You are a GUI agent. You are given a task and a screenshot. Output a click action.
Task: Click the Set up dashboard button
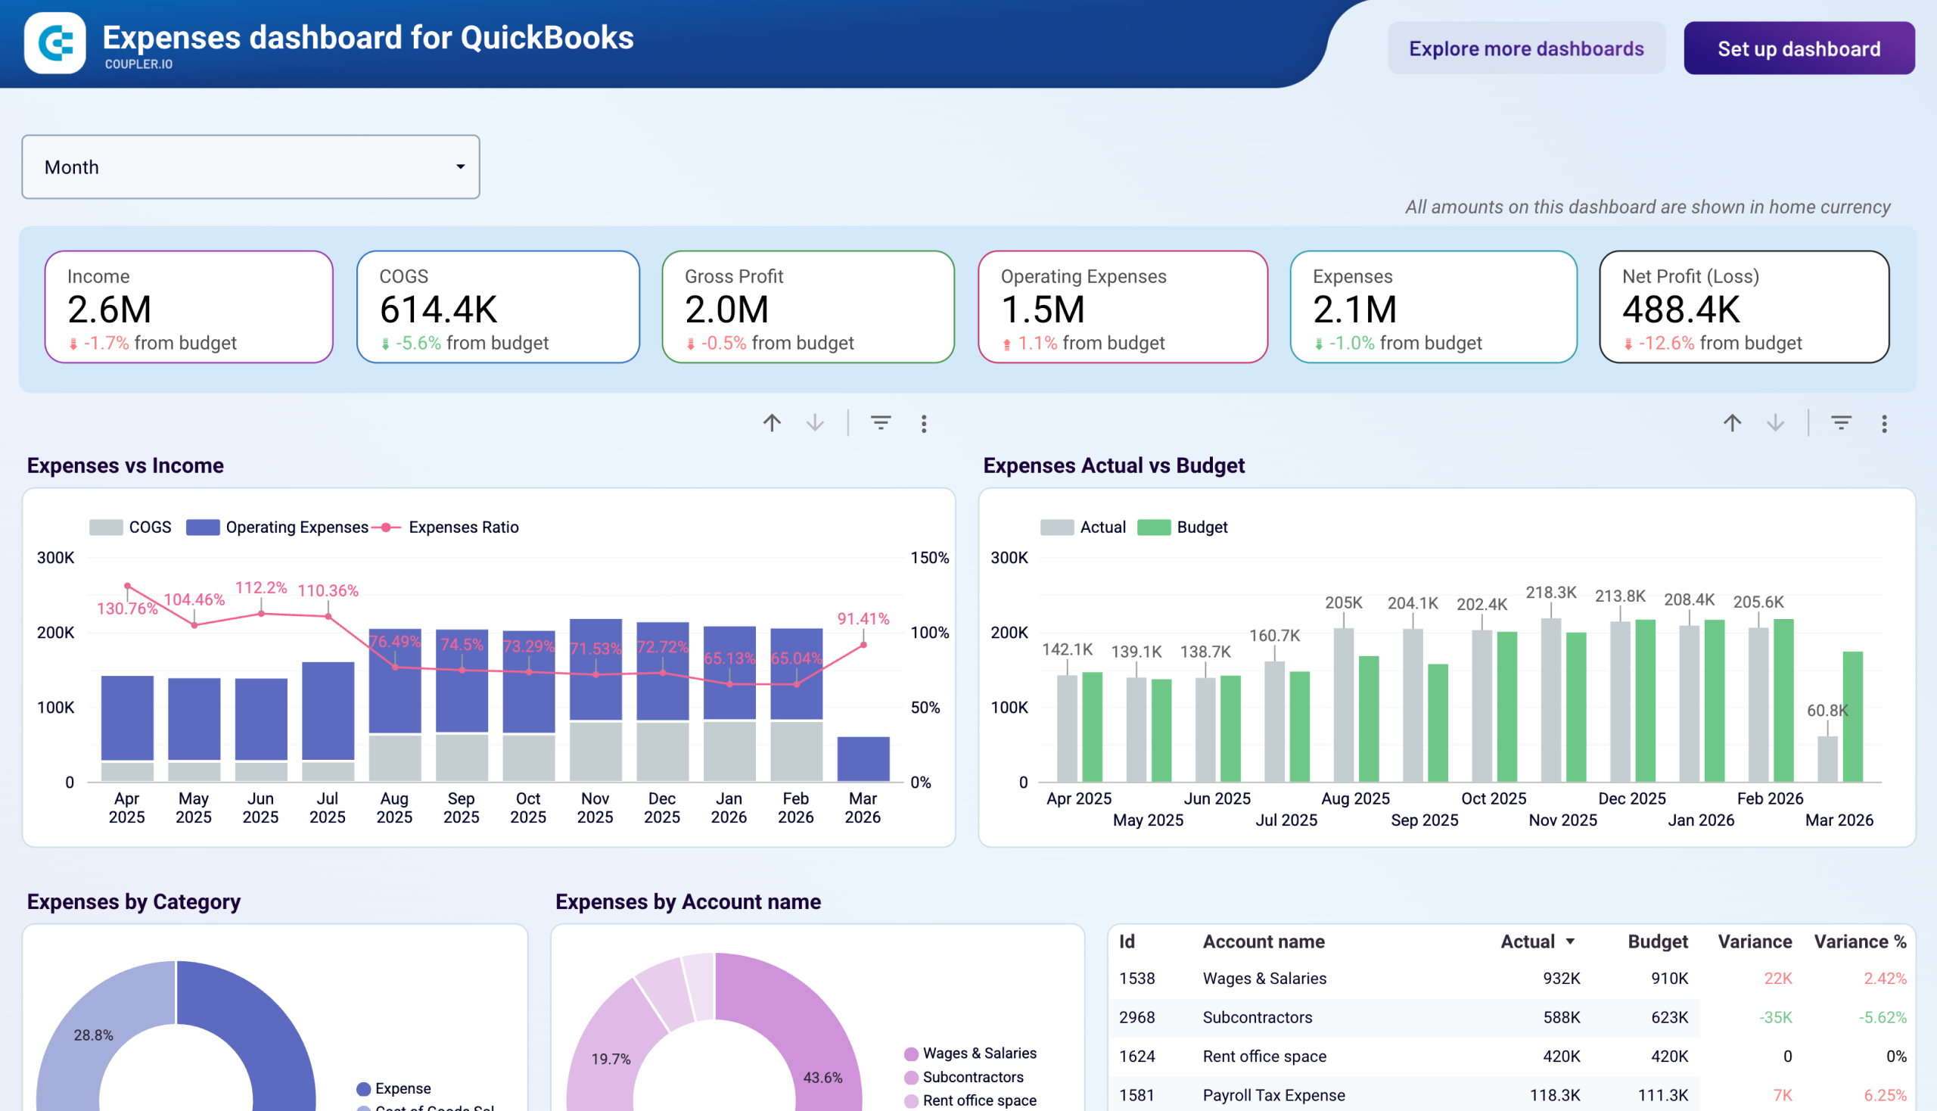point(1798,49)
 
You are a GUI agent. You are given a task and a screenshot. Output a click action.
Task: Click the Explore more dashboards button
point(1526,49)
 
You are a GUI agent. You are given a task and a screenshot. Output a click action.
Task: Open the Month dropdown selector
point(250,167)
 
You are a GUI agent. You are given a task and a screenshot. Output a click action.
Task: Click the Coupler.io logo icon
point(55,42)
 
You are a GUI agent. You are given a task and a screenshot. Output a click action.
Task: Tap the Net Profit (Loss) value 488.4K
point(1680,310)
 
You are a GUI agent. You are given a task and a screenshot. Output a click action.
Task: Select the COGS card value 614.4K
point(439,310)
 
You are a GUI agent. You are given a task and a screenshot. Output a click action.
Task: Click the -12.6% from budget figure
point(1666,344)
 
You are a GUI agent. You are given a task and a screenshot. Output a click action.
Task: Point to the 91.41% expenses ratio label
point(863,619)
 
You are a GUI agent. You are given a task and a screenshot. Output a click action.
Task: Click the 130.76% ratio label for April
point(126,608)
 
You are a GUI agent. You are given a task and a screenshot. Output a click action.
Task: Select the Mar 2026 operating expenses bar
point(863,758)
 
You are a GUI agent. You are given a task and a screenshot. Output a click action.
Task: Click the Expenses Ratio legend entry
point(462,527)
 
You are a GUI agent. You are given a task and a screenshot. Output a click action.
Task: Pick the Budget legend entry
point(1201,527)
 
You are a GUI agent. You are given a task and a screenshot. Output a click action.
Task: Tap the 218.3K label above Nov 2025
point(1550,592)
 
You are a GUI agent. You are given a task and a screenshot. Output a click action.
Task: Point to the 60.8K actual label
point(1827,711)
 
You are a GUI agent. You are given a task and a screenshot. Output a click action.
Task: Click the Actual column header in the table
point(1528,941)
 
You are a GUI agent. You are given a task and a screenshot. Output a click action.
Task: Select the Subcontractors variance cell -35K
point(1775,1017)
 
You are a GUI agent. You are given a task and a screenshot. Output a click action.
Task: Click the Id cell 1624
point(1136,1056)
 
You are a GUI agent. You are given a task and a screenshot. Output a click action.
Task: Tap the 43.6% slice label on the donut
point(822,1078)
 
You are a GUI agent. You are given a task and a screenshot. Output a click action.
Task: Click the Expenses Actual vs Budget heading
point(1113,465)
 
